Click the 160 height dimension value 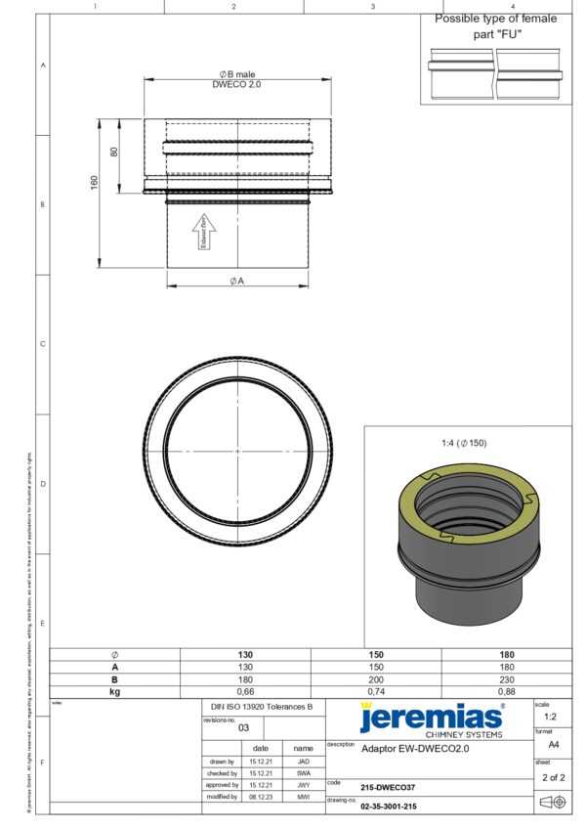[95, 183]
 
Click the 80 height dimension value [114, 153]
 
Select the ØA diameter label [237, 281]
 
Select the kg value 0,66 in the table [245, 691]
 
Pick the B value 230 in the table [507, 678]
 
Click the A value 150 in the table [376, 667]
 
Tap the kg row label [114, 691]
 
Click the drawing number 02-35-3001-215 [389, 807]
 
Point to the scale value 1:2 [550, 717]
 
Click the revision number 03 [243, 727]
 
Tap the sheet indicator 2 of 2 [552, 778]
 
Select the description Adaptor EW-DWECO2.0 [415, 749]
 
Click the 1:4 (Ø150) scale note [463, 443]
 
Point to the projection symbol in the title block [553, 802]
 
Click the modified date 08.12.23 [260, 797]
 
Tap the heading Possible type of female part [496, 25]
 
